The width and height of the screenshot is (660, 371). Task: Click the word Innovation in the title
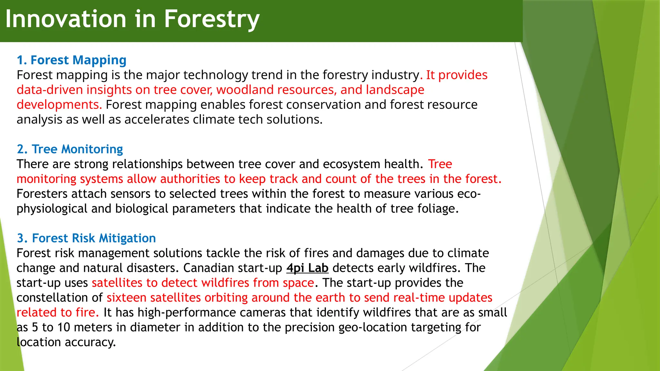(66, 19)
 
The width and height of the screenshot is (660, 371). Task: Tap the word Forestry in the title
(212, 19)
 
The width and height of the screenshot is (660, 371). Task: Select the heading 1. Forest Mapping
(72, 60)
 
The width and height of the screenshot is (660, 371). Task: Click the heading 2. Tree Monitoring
(70, 149)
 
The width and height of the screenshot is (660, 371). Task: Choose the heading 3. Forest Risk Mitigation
(86, 238)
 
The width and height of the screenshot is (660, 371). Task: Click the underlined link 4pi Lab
(307, 268)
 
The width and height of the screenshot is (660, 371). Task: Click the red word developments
(59, 105)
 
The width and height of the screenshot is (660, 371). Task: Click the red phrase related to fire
(57, 312)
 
